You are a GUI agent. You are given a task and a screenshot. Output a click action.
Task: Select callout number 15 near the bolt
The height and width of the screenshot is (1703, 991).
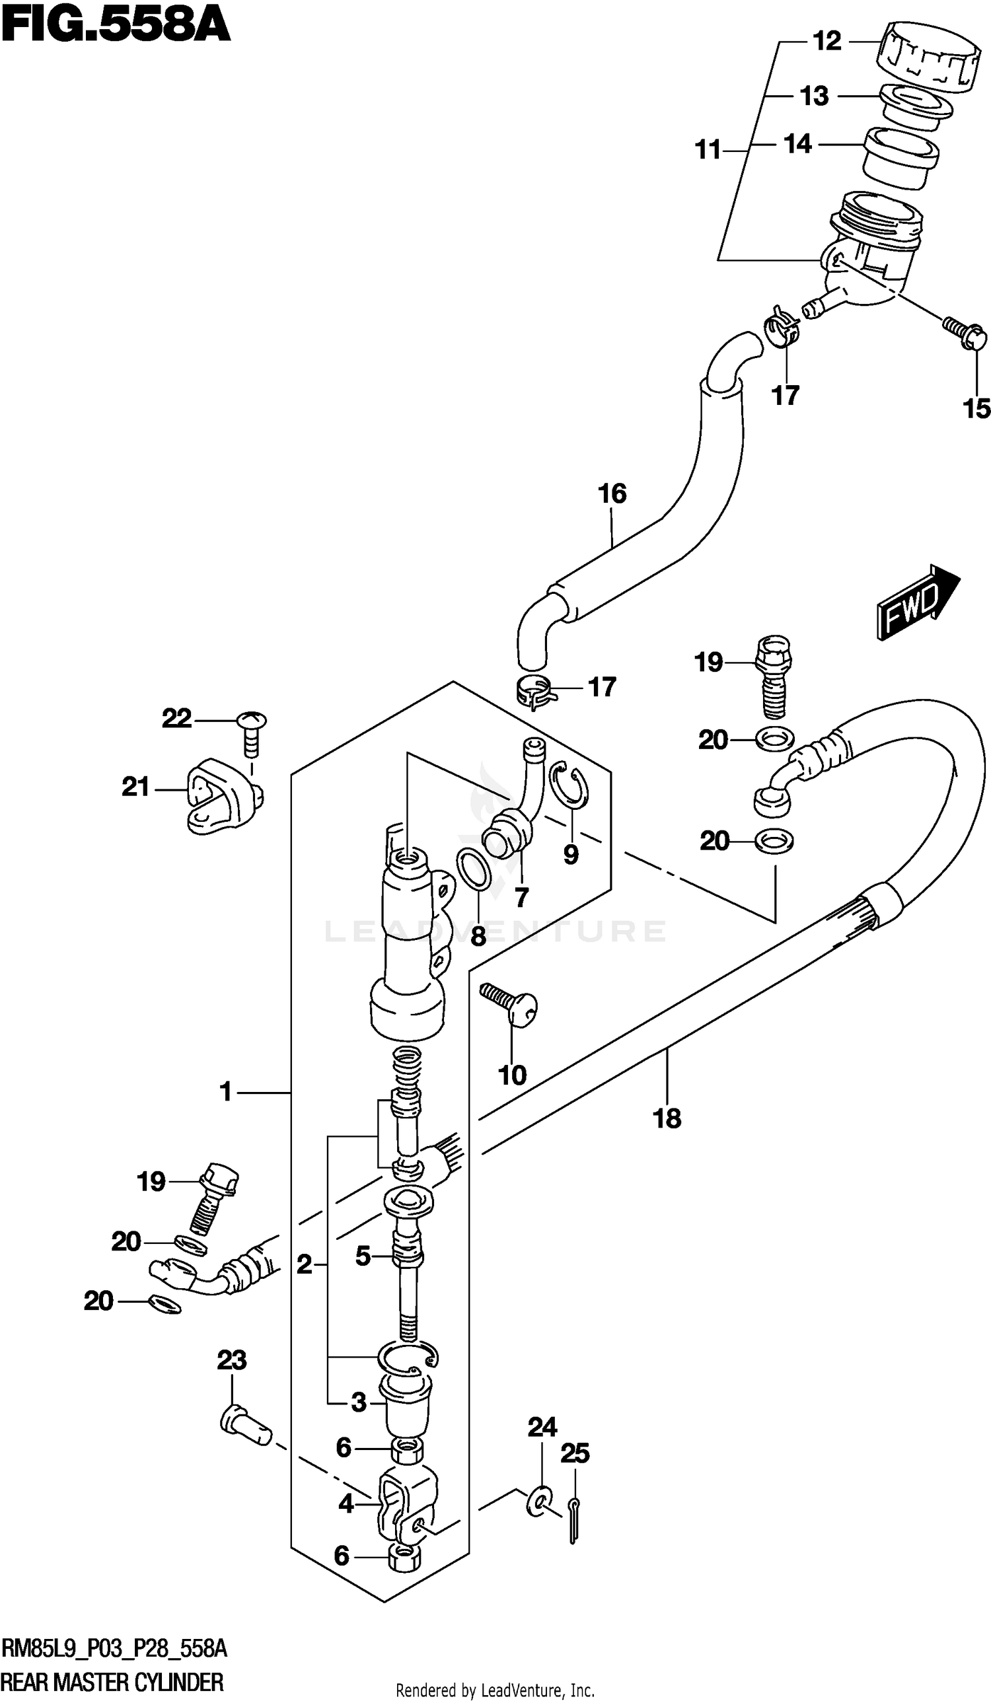click(x=976, y=408)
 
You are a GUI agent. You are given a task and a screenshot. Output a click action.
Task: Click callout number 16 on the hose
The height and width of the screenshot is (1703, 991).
click(x=612, y=493)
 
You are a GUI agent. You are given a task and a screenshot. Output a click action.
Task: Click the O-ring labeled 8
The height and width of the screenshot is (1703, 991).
click(x=474, y=870)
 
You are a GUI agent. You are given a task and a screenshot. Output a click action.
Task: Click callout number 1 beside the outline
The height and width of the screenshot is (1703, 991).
click(x=226, y=1091)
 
